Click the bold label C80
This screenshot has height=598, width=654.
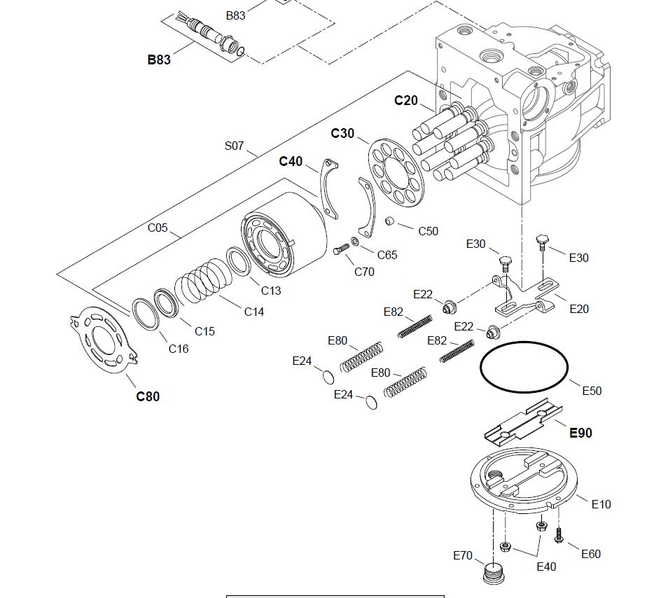(x=148, y=396)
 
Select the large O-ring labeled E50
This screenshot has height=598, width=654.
(x=524, y=367)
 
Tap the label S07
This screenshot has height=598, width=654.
(x=235, y=146)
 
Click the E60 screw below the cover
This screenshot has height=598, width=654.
(x=559, y=535)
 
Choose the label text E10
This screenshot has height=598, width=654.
(x=601, y=503)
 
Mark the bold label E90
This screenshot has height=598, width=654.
(x=580, y=433)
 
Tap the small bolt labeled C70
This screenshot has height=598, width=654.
(x=342, y=249)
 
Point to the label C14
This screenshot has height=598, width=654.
(x=254, y=312)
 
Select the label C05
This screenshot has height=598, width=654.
(x=158, y=228)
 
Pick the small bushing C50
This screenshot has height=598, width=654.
(x=390, y=223)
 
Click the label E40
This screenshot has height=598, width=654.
(x=546, y=566)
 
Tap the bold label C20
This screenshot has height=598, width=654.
(x=406, y=100)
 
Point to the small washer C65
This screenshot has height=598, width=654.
(x=356, y=242)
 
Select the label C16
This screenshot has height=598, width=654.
(x=179, y=348)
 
